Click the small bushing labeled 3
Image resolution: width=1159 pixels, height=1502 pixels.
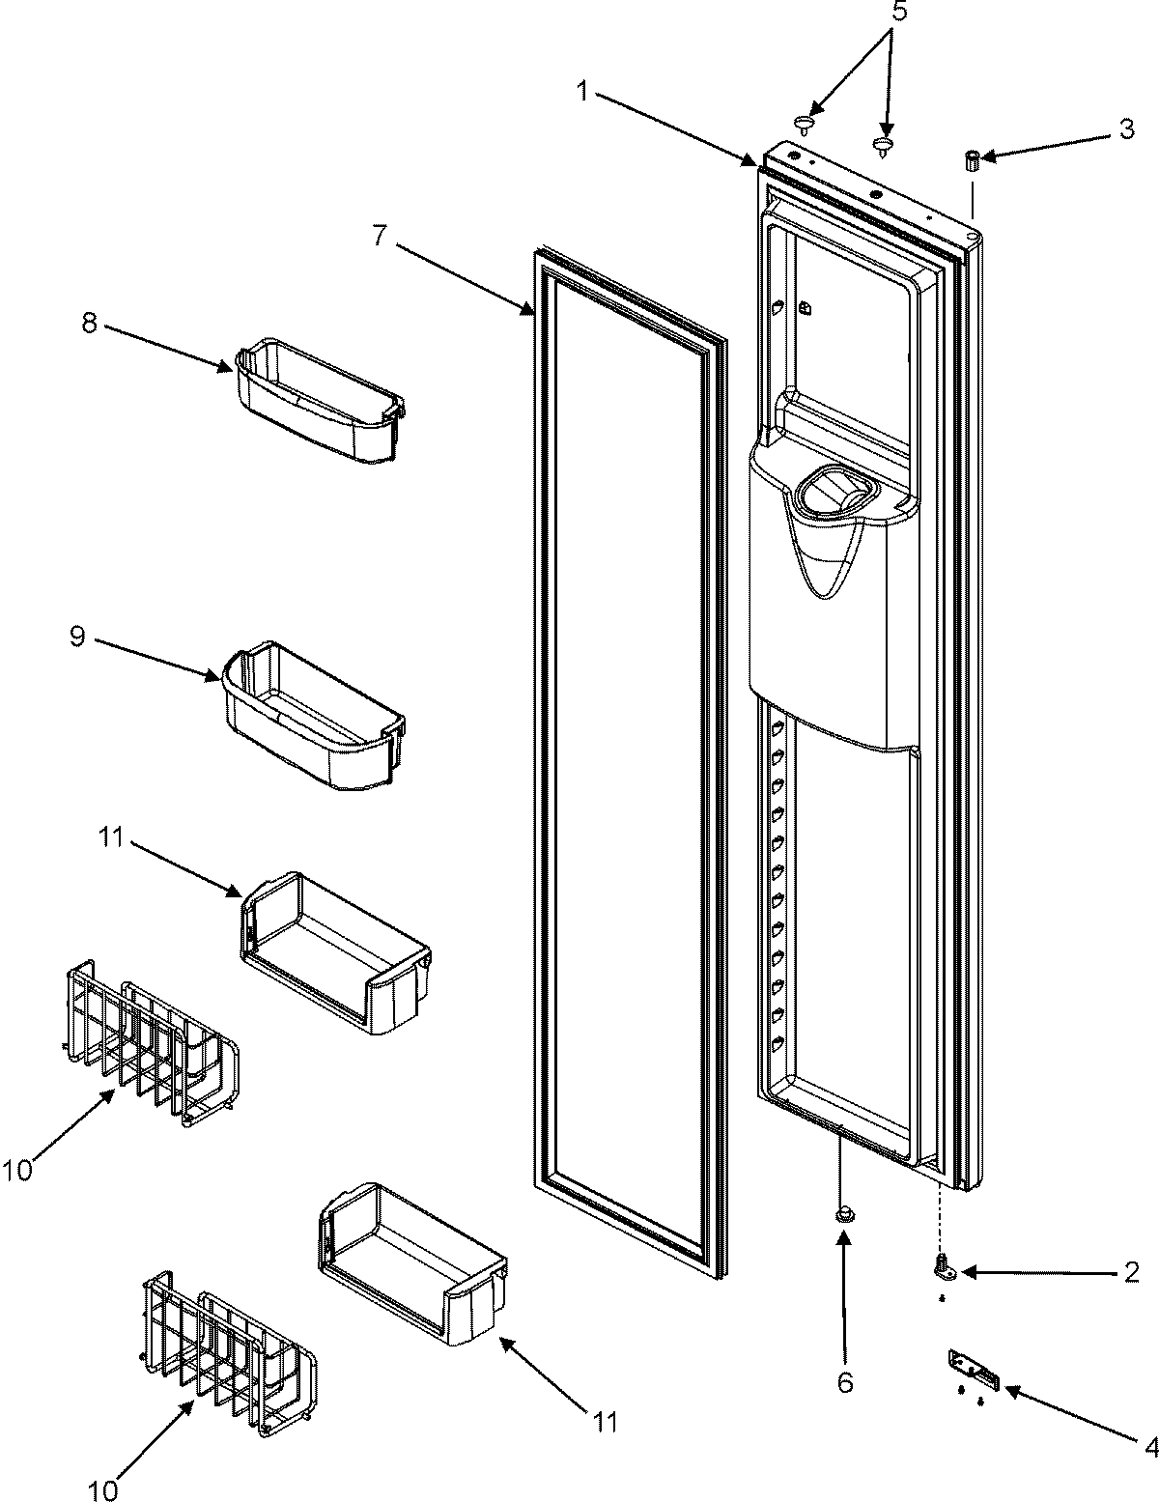(973, 160)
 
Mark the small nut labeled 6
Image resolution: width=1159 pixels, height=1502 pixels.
(843, 1215)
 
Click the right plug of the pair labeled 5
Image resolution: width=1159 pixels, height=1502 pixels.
(882, 147)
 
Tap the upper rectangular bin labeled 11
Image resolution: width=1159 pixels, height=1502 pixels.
(334, 951)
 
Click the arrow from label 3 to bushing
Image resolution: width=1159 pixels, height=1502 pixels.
(1044, 143)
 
